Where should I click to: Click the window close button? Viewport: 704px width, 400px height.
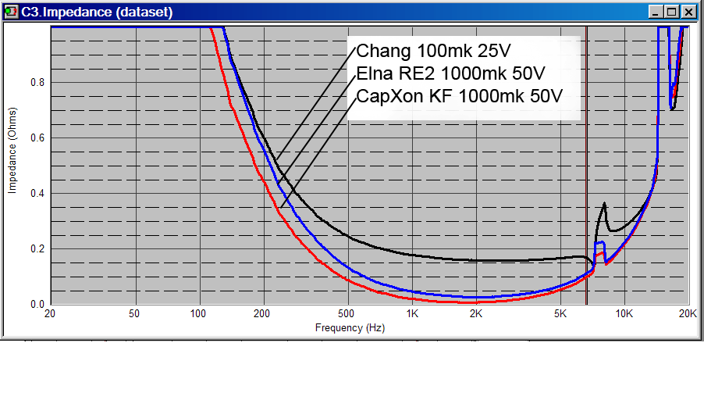pyautogui.click(x=688, y=12)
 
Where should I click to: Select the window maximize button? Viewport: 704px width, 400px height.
pyautogui.click(x=673, y=12)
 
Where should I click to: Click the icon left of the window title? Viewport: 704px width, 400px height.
pyautogui.click(x=11, y=12)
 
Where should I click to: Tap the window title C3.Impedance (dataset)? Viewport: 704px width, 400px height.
pyautogui.click(x=97, y=12)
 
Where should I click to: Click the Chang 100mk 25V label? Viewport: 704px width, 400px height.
pyautogui.click(x=433, y=52)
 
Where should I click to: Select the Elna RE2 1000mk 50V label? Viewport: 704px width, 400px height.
pyautogui.click(x=450, y=74)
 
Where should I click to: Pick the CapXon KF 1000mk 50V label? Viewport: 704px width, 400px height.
pyautogui.click(x=459, y=96)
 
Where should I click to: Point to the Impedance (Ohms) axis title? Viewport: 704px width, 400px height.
pyautogui.click(x=12, y=162)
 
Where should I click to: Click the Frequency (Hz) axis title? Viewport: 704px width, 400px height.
pyautogui.click(x=350, y=328)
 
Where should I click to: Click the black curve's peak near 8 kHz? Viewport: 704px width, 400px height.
pyautogui.click(x=603, y=205)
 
